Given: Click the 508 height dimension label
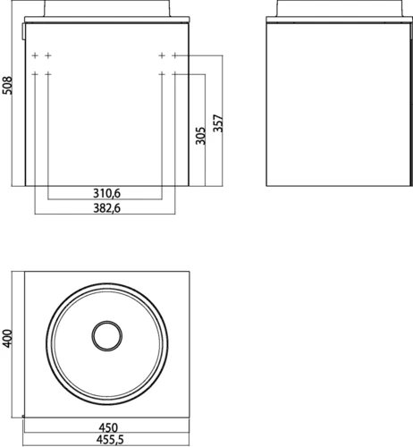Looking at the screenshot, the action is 7,86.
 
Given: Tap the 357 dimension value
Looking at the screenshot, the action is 218,123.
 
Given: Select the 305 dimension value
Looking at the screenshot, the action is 200,136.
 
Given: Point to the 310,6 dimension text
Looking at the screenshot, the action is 106,193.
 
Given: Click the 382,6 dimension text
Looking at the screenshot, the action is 106,208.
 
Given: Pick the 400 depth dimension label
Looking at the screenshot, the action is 7,338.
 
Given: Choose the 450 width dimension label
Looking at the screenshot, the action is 108,428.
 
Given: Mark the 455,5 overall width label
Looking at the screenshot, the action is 110,440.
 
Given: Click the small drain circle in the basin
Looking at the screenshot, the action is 107,336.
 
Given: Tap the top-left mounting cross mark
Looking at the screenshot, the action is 35,55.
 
